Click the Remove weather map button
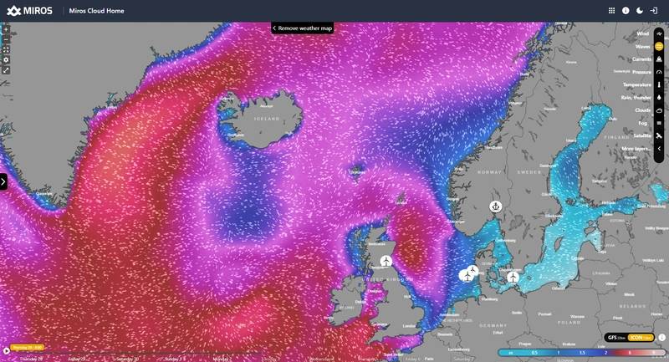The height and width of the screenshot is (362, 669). (302, 28)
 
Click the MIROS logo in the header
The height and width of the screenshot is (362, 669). (29, 11)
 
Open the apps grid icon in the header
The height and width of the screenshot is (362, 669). (611, 11)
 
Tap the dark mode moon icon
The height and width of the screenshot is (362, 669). (639, 11)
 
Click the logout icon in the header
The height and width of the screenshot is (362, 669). (653, 11)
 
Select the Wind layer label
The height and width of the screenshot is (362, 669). (642, 33)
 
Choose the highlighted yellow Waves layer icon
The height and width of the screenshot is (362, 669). (659, 47)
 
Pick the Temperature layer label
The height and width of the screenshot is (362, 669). (637, 84)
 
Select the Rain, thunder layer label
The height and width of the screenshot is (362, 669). (634, 97)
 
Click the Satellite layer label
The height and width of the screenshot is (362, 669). (642, 135)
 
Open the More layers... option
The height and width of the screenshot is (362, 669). (636, 148)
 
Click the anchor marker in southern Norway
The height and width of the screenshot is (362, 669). (495, 206)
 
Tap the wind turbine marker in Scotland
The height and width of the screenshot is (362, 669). (386, 261)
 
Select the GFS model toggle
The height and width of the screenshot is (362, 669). (615, 338)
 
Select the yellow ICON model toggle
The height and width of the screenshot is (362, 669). (641, 338)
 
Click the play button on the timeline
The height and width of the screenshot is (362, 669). (7, 351)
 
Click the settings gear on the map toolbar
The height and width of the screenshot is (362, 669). (6, 59)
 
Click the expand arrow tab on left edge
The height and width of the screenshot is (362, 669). (3, 181)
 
